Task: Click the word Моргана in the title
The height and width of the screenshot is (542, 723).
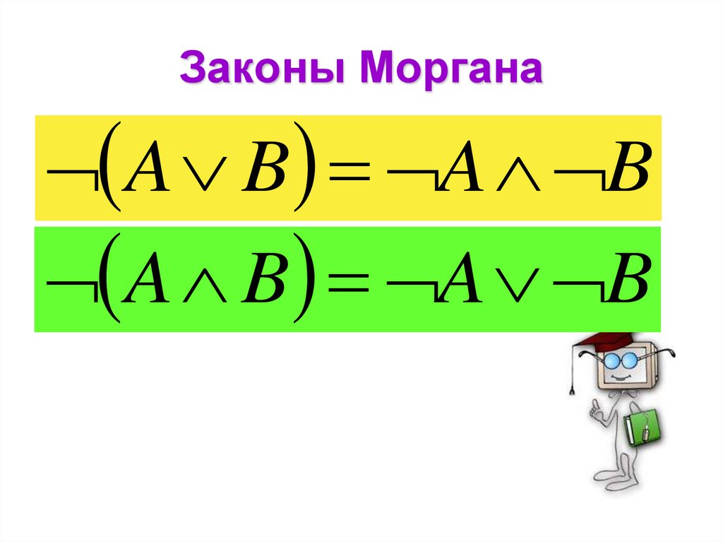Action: [x=452, y=71]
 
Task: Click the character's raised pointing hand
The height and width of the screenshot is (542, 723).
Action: [x=597, y=408]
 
